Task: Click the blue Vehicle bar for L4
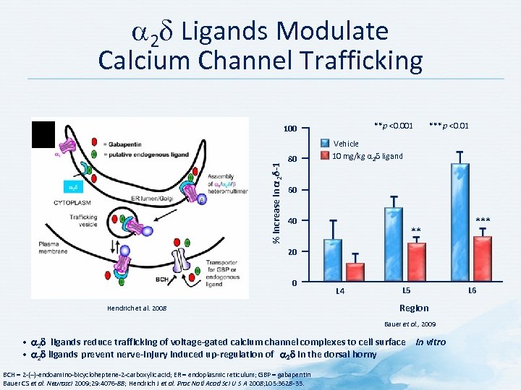tap(333, 260)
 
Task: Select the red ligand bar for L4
tap(355, 272)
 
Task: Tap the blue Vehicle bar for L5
tap(394, 244)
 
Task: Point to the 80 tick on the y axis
tap(289, 159)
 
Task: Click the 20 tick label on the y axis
tap(289, 252)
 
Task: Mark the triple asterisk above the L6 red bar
tap(483, 221)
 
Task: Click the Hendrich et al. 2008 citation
tap(136, 308)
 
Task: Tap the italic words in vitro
tap(431, 342)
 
